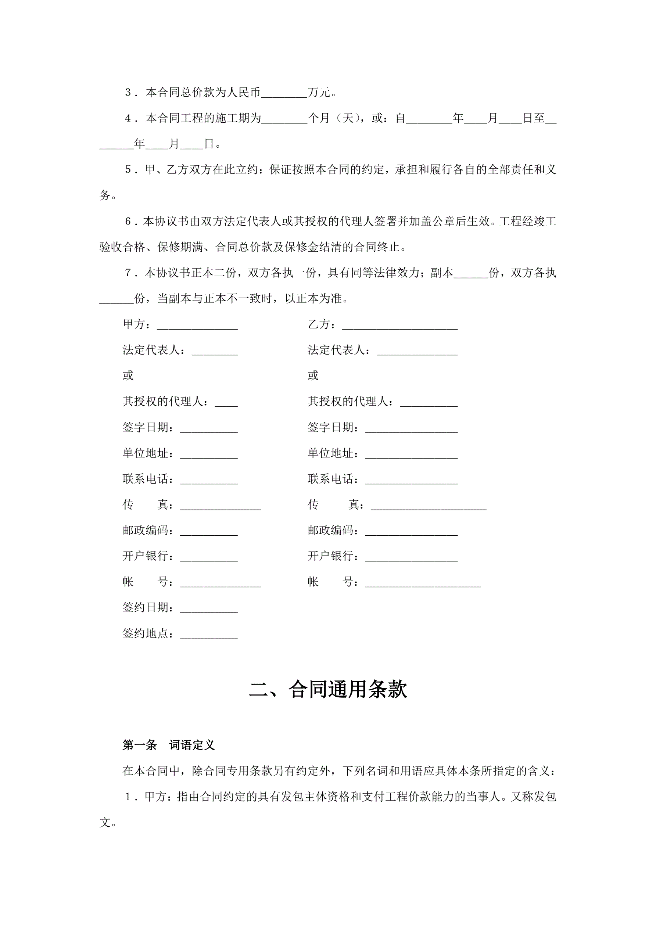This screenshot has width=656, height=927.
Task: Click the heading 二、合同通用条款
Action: pyautogui.click(x=327, y=689)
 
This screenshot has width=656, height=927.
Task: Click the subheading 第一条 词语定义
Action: pyautogui.click(x=168, y=745)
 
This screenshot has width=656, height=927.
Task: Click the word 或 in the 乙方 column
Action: pyautogui.click(x=313, y=376)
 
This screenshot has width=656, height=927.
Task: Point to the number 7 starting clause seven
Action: pyautogui.click(x=128, y=273)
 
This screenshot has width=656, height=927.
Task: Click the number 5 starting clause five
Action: pyautogui.click(x=128, y=170)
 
